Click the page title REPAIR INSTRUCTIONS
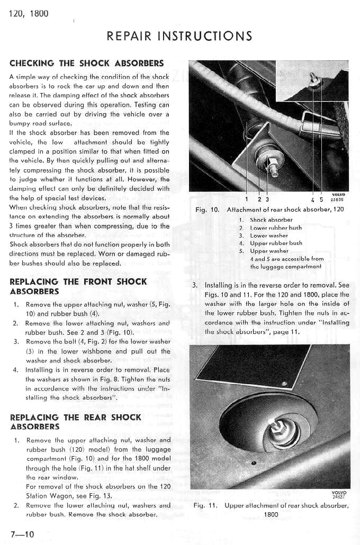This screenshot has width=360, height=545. [x=179, y=36]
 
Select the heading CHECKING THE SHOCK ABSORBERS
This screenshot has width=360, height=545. [x=87, y=63]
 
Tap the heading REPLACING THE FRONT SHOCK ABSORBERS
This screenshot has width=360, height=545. [x=78, y=286]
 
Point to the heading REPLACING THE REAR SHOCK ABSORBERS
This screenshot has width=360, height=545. [x=76, y=422]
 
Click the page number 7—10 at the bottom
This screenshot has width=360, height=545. [x=22, y=533]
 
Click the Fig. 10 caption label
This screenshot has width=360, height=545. [x=207, y=210]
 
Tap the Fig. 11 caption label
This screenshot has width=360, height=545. [x=205, y=506]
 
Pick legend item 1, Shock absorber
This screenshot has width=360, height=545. [x=267, y=220]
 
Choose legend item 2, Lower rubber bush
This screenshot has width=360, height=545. [x=271, y=228]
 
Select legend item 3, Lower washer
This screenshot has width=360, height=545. [x=265, y=235]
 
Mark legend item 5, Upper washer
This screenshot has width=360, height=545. [x=265, y=251]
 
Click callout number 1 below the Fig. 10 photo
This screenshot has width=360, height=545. [x=247, y=199]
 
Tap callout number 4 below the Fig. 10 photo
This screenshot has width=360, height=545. [x=314, y=199]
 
